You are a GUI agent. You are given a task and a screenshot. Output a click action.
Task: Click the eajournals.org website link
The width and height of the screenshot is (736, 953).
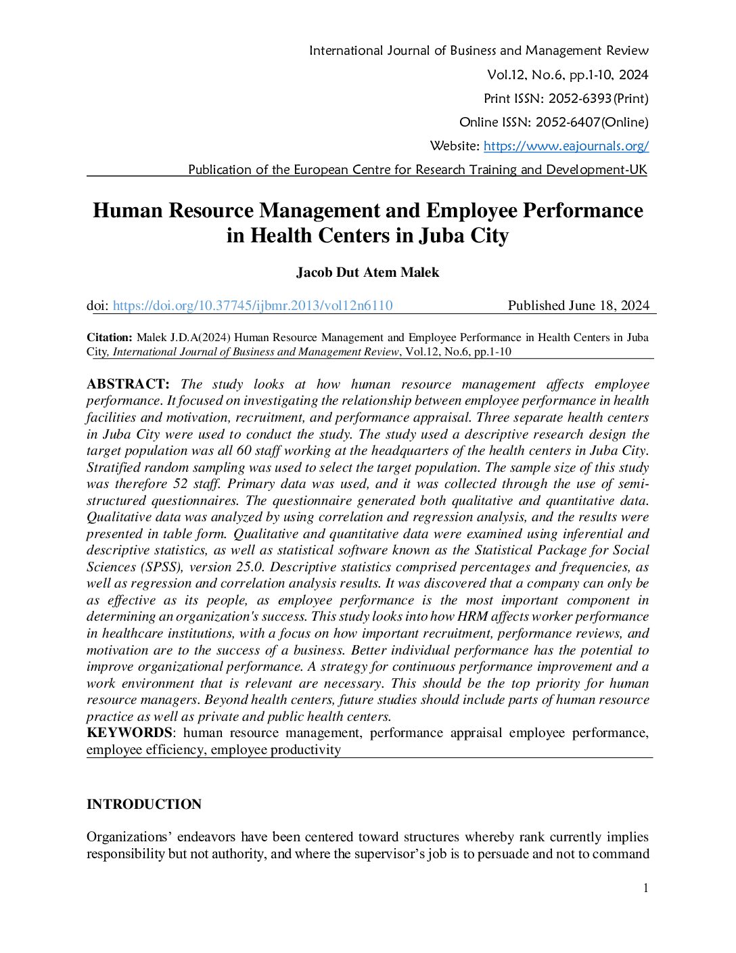pos(566,146)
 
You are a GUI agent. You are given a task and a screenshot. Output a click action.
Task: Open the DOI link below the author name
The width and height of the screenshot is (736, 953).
pos(252,306)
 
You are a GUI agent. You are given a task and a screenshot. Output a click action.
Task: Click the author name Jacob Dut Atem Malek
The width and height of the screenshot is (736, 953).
pos(367,273)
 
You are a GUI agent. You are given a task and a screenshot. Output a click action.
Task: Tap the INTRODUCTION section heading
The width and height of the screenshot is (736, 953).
pos(144,804)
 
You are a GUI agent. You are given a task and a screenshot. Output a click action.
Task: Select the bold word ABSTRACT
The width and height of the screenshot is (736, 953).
pos(127,384)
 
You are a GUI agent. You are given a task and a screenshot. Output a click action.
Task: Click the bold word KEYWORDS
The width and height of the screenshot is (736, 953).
pos(129,733)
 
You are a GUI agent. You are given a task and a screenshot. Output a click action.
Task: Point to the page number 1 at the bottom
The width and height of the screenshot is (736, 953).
pos(645,888)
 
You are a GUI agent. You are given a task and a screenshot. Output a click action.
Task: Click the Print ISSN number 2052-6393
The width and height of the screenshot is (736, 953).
pos(580,99)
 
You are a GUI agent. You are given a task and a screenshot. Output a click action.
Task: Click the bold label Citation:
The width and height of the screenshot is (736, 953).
pos(109,338)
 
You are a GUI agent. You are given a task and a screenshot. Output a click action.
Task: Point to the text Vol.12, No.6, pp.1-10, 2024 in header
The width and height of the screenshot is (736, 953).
pos(567,75)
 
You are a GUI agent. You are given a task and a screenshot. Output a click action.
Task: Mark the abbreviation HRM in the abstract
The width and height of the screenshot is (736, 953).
pos(472,617)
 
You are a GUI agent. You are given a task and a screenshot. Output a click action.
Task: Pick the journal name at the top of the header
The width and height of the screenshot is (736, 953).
pos(478,51)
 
